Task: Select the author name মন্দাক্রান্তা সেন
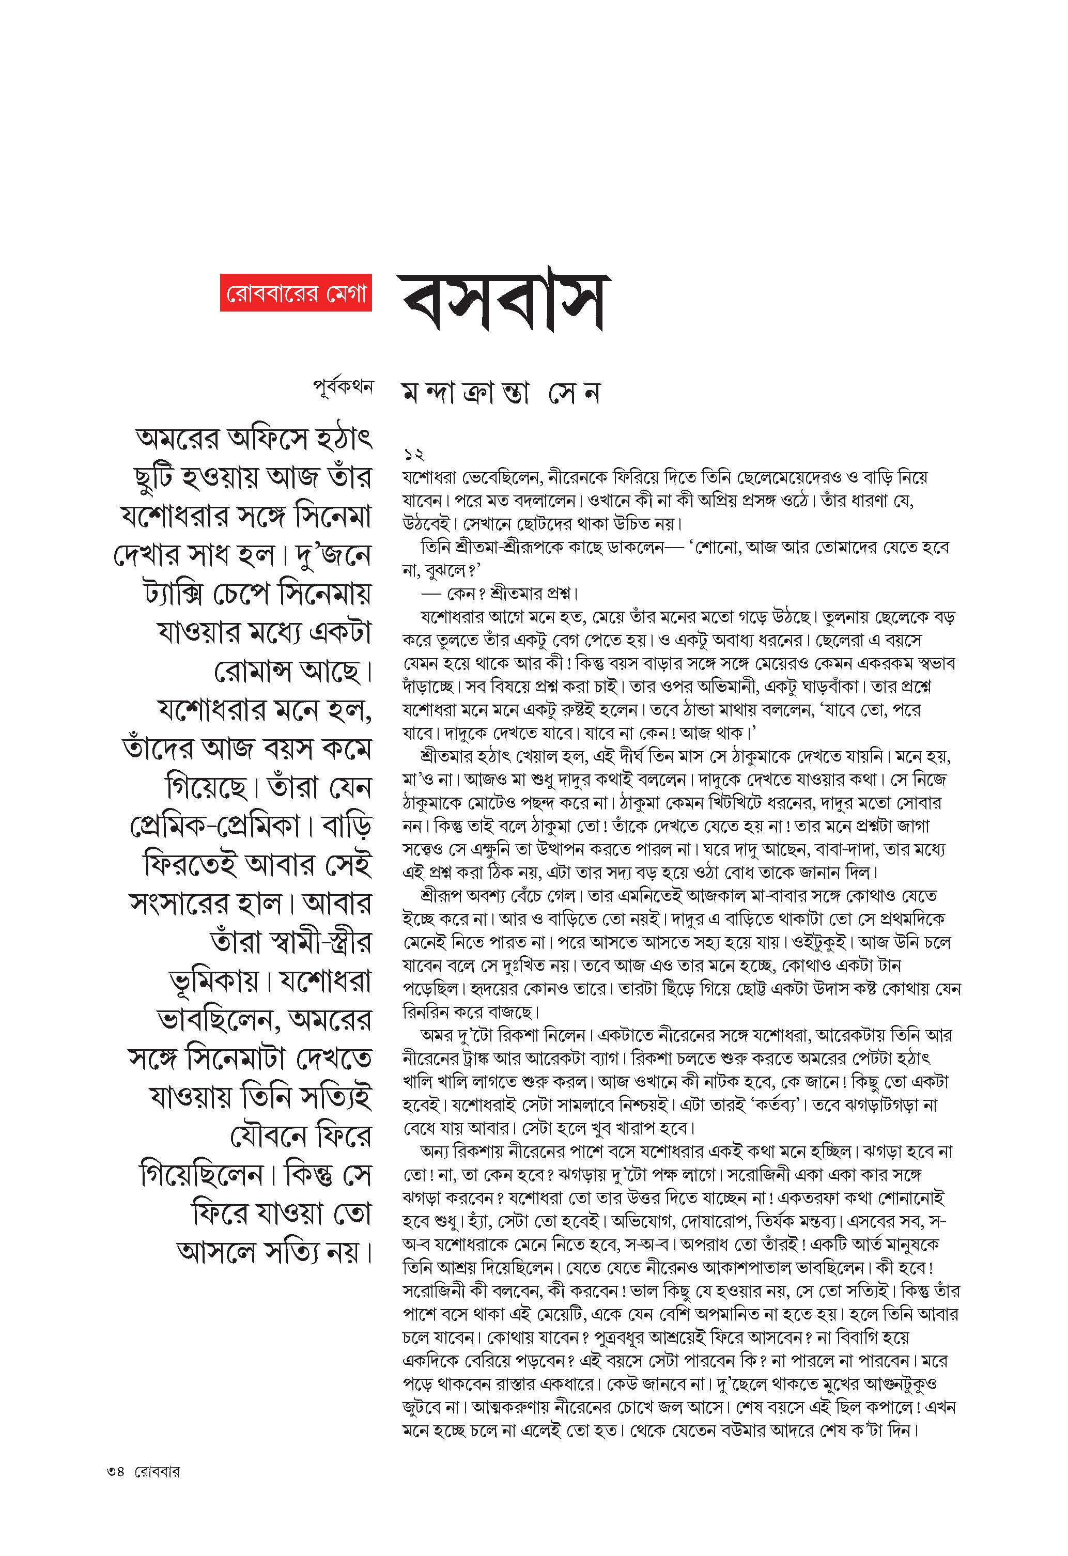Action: (500, 394)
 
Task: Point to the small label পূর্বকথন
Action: (342, 387)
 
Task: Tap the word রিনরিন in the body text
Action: (425, 1012)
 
